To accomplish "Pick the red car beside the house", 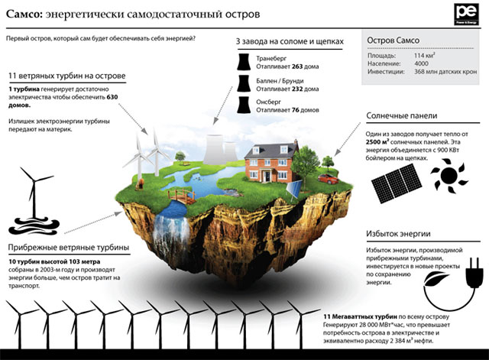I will (327, 177).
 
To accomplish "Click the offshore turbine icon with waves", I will (31, 203).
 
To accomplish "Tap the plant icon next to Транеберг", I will (244, 60).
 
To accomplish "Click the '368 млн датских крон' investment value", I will (445, 73).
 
